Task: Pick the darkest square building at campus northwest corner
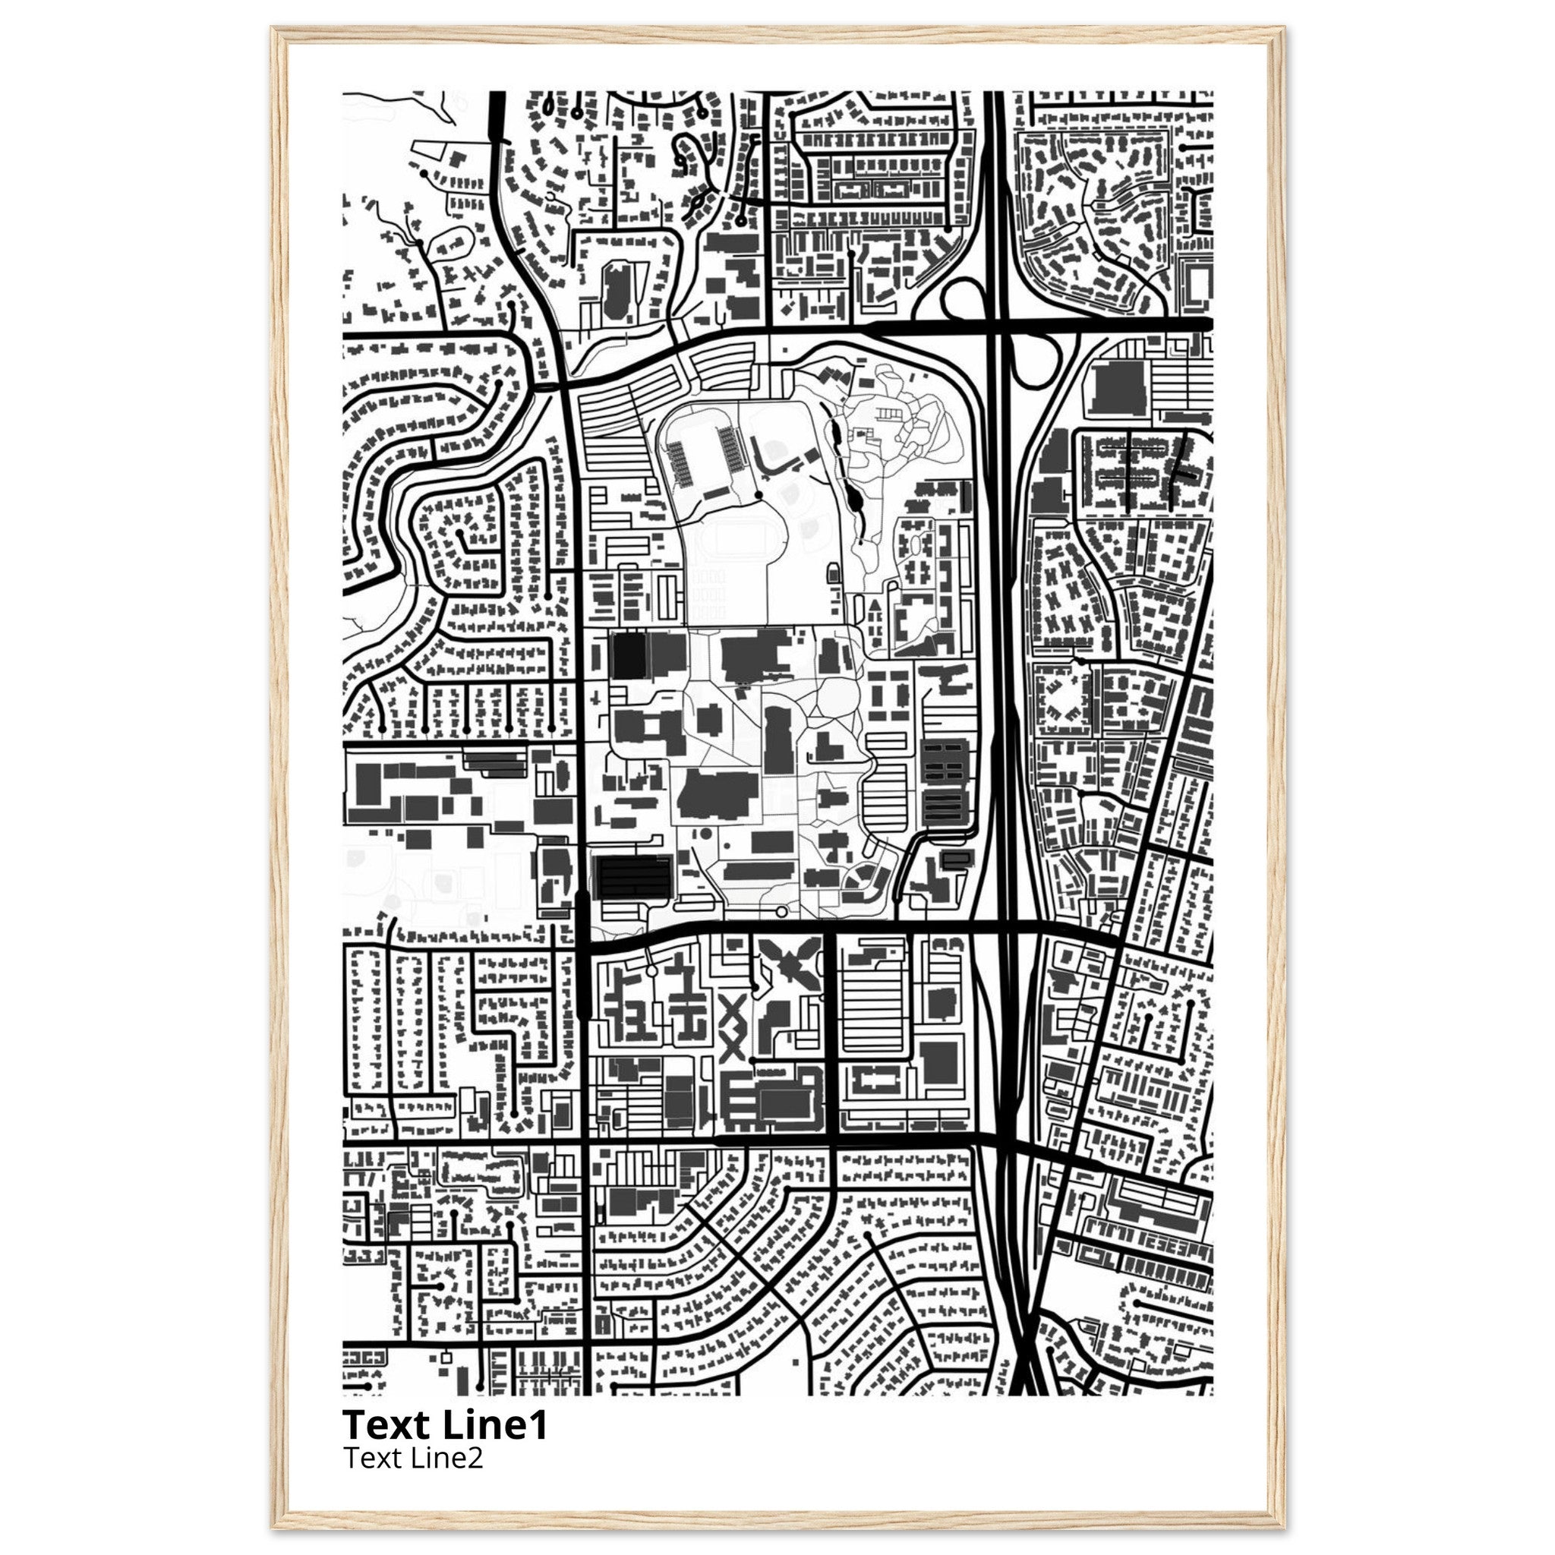pyautogui.click(x=629, y=654)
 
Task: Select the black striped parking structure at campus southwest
pyautogui.click(x=633, y=876)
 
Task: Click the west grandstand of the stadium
pyautogui.click(x=680, y=463)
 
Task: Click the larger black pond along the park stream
pyautogui.click(x=855, y=503)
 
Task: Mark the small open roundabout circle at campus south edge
pyautogui.click(x=781, y=912)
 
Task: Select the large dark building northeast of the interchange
pyautogui.click(x=1118, y=388)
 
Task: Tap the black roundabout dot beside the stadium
pyautogui.click(x=759, y=494)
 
